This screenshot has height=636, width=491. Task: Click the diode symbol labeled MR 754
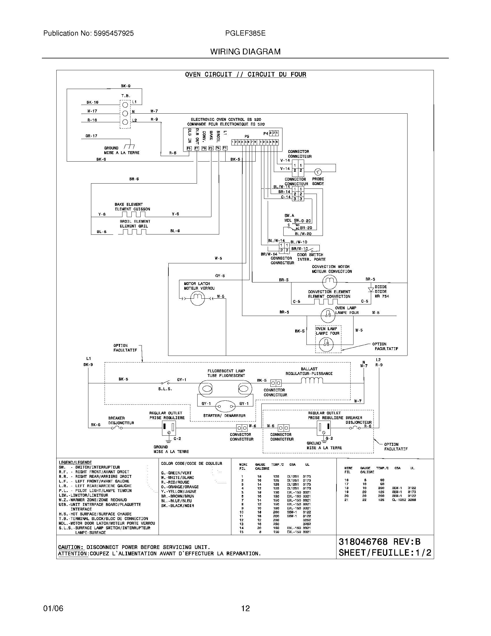click(x=371, y=290)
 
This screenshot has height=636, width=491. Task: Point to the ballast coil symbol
click(x=312, y=381)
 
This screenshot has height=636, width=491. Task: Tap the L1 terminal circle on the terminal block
click(x=125, y=105)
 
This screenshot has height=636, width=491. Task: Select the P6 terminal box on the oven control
click(x=189, y=148)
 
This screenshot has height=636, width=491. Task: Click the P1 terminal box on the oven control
click(x=225, y=148)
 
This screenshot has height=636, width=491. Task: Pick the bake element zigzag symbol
click(x=133, y=214)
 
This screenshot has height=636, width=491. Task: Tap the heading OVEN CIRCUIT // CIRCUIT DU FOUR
click(x=245, y=75)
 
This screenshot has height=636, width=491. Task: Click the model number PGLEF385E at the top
click(x=245, y=33)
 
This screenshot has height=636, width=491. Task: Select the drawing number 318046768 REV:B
click(x=380, y=542)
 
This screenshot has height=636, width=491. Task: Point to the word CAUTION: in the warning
click(x=71, y=547)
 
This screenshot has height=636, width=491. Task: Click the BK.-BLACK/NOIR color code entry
click(x=177, y=506)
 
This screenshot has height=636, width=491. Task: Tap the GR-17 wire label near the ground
click(x=91, y=136)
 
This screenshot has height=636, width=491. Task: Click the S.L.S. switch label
click(x=165, y=389)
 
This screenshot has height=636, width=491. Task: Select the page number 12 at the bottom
click(x=245, y=608)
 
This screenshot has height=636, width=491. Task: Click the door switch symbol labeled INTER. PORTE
click(x=310, y=250)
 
